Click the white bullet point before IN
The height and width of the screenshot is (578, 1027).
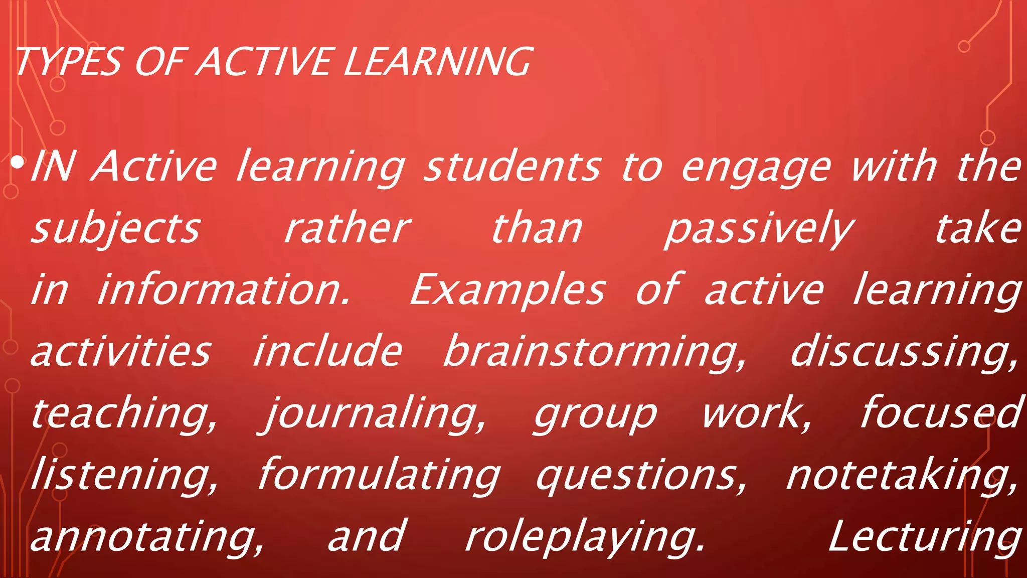point(18,163)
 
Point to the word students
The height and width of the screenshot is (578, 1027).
point(512,167)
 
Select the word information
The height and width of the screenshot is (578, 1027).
point(223,291)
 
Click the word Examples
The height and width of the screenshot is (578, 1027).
point(507,291)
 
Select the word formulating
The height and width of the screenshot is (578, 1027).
point(379,475)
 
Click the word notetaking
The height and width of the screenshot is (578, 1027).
point(903,475)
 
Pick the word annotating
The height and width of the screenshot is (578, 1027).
point(147,537)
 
